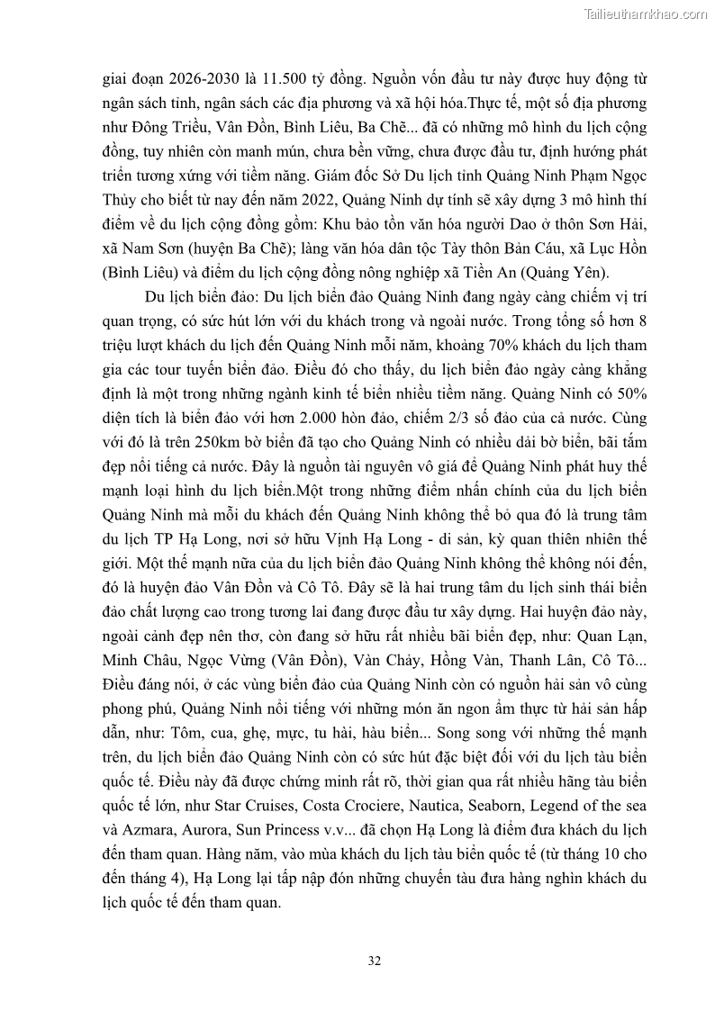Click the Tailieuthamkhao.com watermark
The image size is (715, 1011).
click(646, 14)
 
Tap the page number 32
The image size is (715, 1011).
click(375, 961)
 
